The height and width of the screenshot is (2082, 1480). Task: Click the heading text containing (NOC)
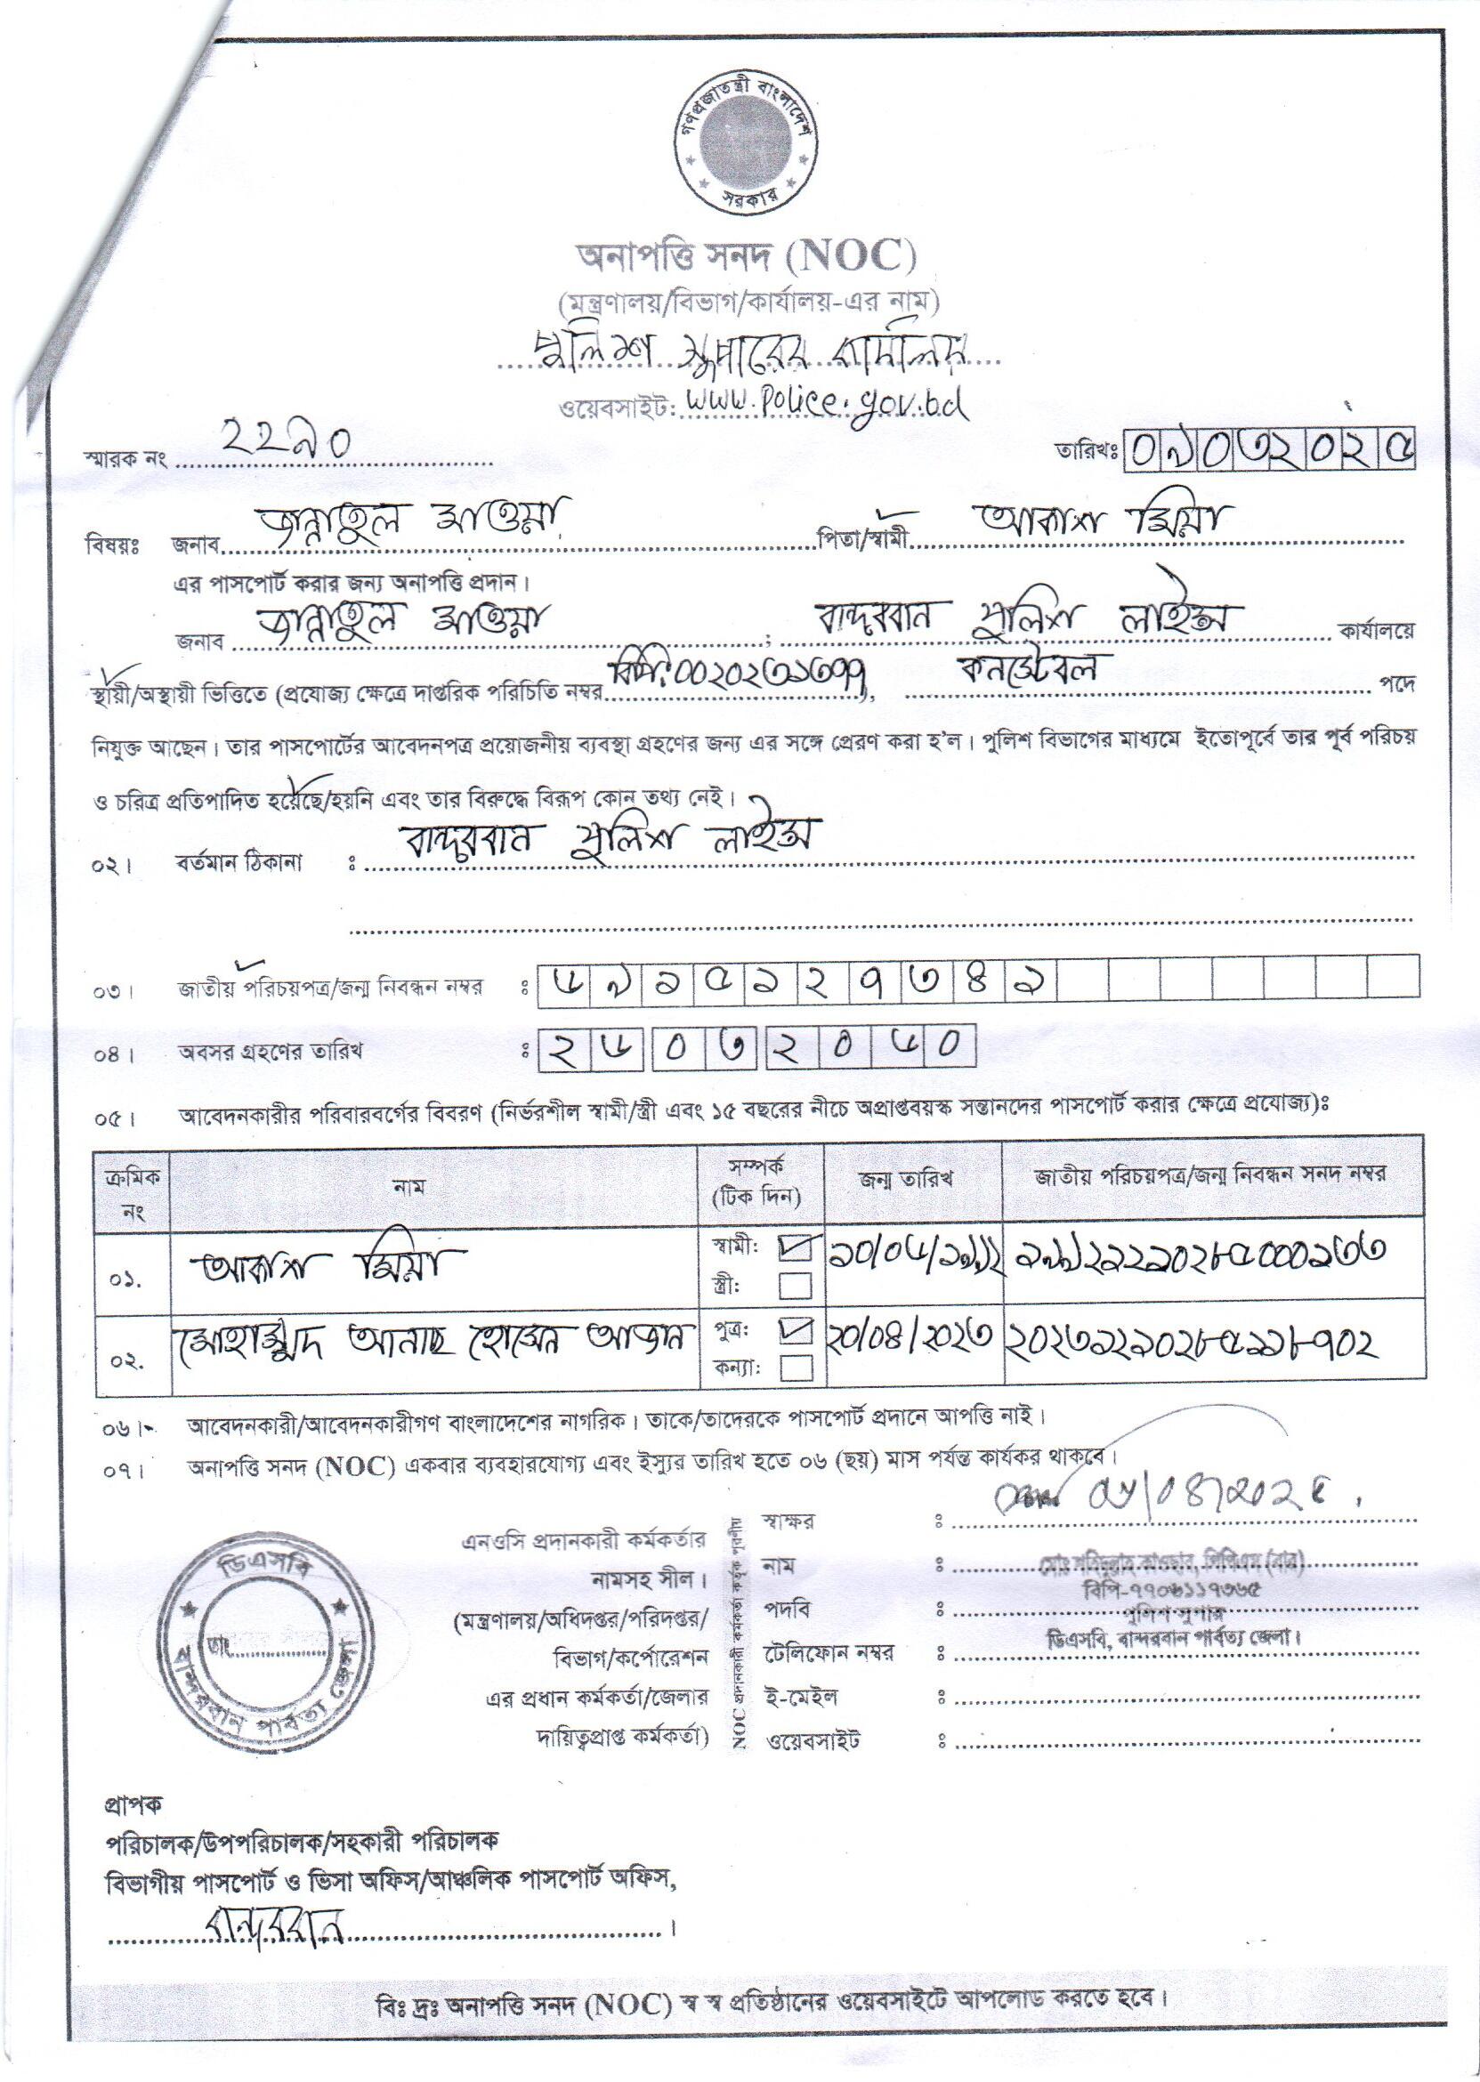(x=745, y=259)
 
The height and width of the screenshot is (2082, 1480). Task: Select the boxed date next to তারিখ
(x=1269, y=449)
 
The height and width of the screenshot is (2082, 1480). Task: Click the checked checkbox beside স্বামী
(x=795, y=1249)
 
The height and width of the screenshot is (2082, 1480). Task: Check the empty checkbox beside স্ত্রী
(x=795, y=1286)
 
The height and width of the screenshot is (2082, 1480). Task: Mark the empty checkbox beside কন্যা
(x=795, y=1368)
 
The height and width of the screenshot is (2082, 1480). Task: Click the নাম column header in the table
(x=409, y=1185)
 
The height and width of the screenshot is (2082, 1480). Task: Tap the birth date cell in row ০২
(x=912, y=1342)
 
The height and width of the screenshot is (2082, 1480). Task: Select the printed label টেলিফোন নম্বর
(x=829, y=1650)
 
